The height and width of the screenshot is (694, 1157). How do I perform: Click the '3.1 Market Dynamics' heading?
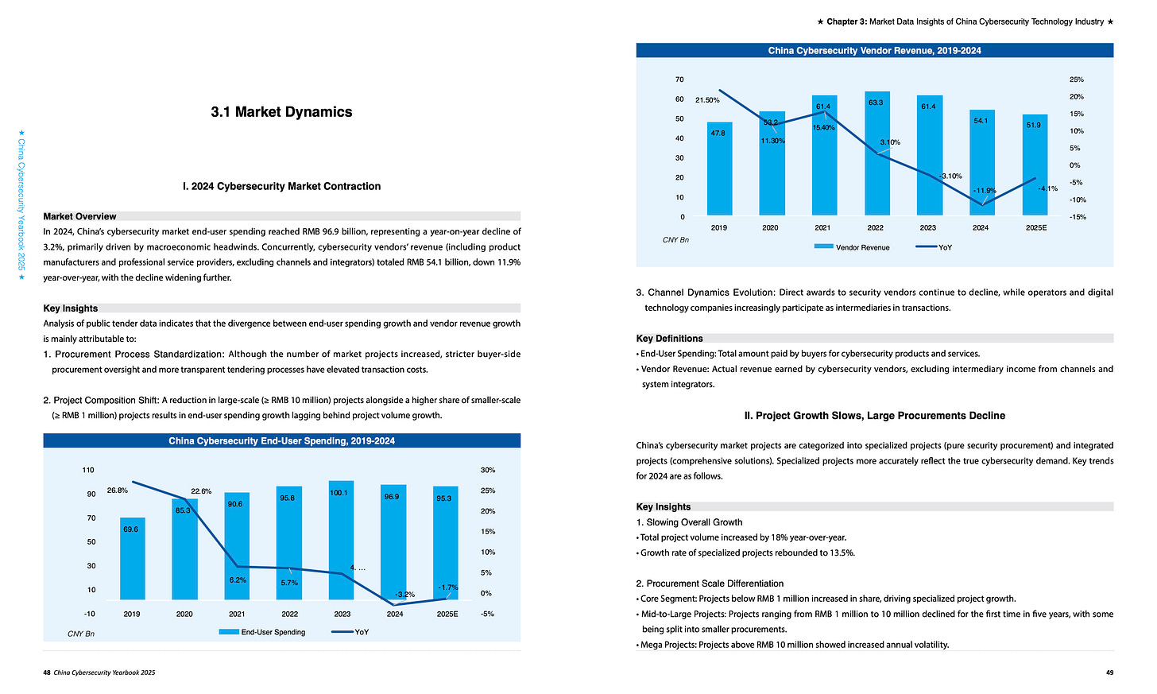(x=281, y=112)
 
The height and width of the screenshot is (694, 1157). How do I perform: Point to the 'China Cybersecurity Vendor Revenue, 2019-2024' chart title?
(x=874, y=51)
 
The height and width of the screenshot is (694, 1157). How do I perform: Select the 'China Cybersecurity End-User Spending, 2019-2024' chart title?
(x=281, y=440)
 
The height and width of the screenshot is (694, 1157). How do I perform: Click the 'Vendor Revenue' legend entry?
(x=862, y=247)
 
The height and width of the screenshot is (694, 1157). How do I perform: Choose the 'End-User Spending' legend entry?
(x=273, y=632)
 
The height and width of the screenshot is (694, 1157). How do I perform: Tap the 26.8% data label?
(x=118, y=490)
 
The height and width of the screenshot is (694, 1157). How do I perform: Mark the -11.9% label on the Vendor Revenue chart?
(x=984, y=191)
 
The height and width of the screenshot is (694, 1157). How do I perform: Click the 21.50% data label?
(x=707, y=100)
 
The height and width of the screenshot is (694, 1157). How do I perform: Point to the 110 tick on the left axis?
(x=88, y=471)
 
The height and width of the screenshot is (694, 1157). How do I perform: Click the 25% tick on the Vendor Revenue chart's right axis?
(x=1077, y=79)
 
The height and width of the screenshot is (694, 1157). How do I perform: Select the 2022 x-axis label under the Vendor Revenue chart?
(x=875, y=227)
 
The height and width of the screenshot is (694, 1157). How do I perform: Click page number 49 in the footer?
(x=1109, y=673)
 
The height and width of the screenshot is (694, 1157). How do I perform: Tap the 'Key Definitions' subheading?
(x=669, y=339)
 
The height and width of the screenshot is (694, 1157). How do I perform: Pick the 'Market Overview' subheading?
(x=79, y=216)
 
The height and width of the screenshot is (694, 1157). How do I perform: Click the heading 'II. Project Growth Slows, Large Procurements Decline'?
(x=874, y=416)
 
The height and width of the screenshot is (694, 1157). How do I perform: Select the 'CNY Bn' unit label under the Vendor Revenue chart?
(x=675, y=239)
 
